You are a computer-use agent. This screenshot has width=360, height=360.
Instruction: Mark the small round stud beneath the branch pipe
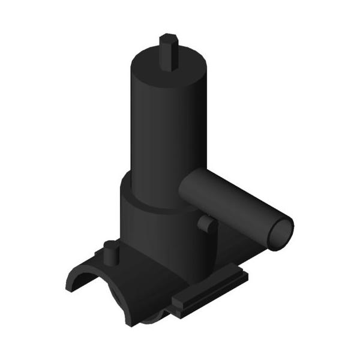pos(205,224)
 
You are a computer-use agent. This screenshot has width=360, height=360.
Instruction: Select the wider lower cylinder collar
pos(156,228)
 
